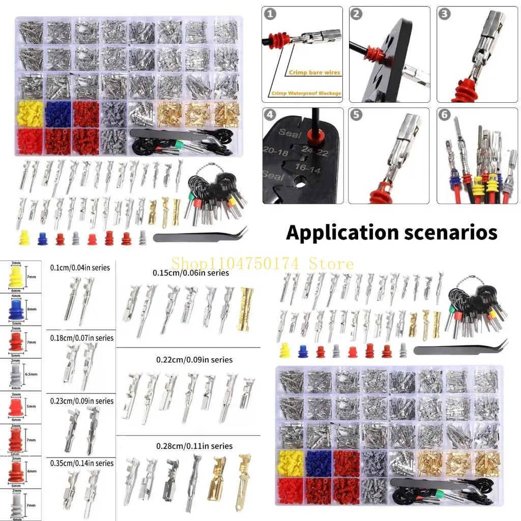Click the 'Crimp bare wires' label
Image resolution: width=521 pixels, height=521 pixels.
(314, 73)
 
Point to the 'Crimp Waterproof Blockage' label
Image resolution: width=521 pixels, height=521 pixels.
(306, 93)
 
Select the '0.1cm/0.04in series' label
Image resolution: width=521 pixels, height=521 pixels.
(80, 267)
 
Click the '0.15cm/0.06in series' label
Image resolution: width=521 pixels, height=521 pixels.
(191, 273)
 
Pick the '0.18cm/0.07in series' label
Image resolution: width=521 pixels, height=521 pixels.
(81, 338)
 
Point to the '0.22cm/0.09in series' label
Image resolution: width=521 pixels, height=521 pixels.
(194, 360)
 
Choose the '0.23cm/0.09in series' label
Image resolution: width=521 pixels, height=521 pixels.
(81, 401)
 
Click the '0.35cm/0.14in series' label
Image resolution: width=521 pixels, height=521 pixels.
(81, 463)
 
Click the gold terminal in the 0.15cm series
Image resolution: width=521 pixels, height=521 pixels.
(245, 308)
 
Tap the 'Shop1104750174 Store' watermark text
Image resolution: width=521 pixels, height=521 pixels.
(262, 264)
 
